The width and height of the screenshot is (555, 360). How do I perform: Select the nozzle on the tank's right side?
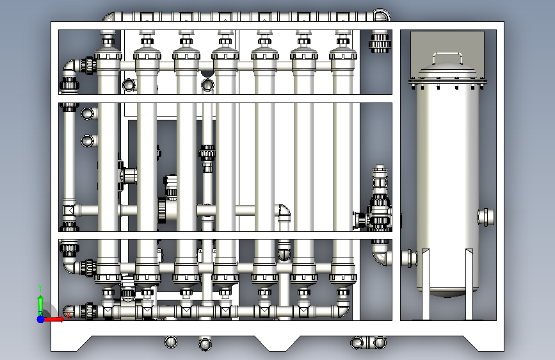(486, 217)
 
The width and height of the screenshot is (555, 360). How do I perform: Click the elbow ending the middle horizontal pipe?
(284, 211)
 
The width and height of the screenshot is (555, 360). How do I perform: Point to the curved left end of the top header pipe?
(109, 17)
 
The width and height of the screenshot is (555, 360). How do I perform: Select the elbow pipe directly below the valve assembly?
(382, 253)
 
